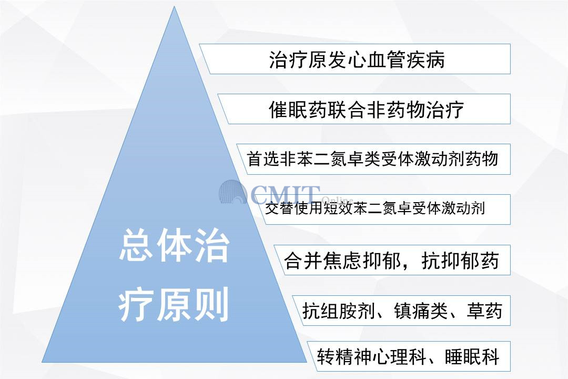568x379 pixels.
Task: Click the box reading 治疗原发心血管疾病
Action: [x=355, y=59]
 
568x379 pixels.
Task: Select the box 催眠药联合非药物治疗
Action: [x=364, y=109]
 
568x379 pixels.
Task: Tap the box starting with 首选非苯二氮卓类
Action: [x=373, y=159]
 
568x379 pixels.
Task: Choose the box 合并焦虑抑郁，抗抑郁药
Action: [x=392, y=260]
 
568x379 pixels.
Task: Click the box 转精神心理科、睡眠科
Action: [x=409, y=356]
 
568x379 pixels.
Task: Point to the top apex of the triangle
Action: [x=174, y=6]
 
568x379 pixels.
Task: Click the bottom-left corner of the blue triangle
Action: [x=42, y=362]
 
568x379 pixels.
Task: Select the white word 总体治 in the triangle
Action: [x=174, y=245]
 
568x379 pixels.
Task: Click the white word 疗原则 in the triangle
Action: [x=174, y=304]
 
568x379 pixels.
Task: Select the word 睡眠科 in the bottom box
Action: [x=472, y=356]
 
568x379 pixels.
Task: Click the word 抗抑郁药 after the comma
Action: [x=460, y=261]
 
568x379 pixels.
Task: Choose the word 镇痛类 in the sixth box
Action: [x=421, y=311]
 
